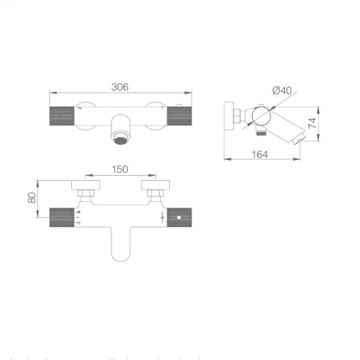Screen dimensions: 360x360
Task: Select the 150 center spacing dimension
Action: (x=121, y=170)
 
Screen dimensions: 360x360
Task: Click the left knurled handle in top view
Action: (x=61, y=116)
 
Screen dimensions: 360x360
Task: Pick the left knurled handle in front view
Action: (x=63, y=216)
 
